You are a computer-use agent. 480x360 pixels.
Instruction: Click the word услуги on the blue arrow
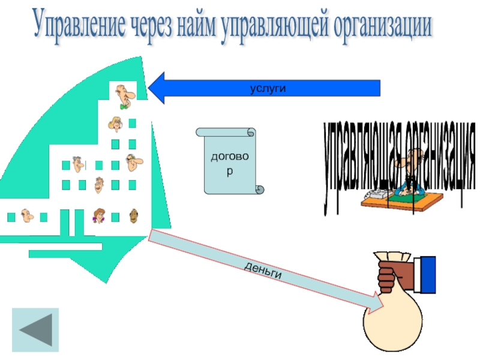[268, 88]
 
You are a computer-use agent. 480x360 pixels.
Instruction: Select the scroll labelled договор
[229, 160]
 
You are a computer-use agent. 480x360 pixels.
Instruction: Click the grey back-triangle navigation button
[36, 329]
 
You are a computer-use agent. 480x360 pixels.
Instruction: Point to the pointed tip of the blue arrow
[150, 88]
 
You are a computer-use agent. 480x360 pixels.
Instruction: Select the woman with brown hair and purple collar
[99, 215]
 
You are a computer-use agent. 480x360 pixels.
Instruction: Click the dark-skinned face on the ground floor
[133, 214]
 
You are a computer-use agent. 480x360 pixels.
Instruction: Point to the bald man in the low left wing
[26, 215]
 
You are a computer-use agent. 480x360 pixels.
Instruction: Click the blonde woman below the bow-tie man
[115, 124]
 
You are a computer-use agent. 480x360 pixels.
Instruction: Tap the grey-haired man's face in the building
[78, 163]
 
